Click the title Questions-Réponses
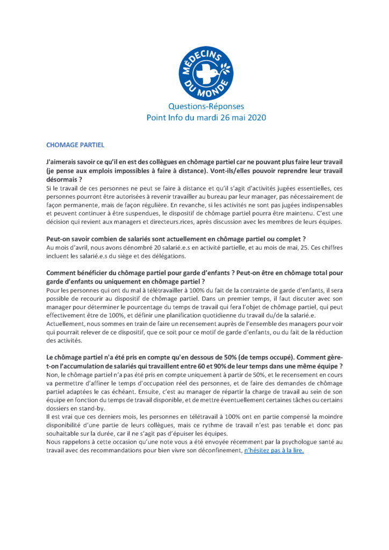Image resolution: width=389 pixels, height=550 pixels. (x=206, y=106)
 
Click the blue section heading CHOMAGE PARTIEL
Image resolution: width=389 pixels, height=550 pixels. (x=75, y=145)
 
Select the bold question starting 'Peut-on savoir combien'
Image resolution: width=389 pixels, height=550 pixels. (x=176, y=238)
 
